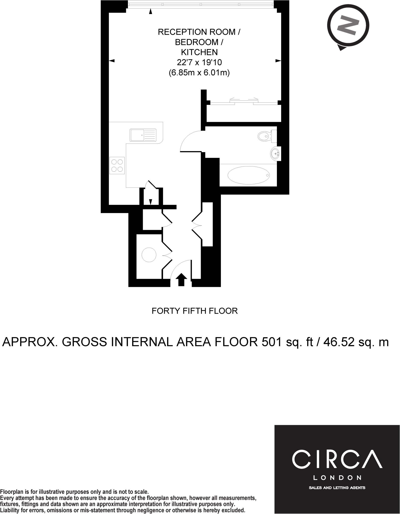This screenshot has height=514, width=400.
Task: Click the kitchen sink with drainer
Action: [x=143, y=135]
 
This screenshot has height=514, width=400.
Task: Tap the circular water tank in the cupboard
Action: [x=149, y=255]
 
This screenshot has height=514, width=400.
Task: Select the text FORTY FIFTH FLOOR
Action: [x=194, y=311]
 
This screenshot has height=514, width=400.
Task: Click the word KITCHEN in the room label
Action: [x=199, y=52]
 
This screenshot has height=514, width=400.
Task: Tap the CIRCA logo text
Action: [x=337, y=459]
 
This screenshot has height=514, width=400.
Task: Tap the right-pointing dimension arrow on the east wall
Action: [x=278, y=61]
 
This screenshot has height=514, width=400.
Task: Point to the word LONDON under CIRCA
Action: [x=337, y=477]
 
